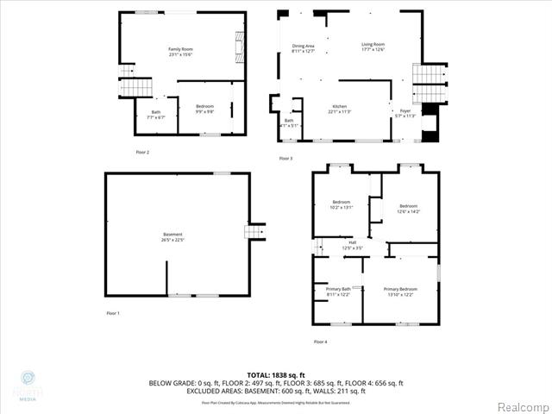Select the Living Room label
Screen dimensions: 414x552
373,44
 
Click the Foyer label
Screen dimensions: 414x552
405,110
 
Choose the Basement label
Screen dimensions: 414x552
173,235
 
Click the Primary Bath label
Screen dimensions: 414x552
339,289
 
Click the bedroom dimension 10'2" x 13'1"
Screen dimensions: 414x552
342,208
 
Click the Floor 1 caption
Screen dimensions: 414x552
113,312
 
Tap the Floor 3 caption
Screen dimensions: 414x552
285,159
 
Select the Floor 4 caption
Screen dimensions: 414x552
320,342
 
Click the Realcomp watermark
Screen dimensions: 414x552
521,406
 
